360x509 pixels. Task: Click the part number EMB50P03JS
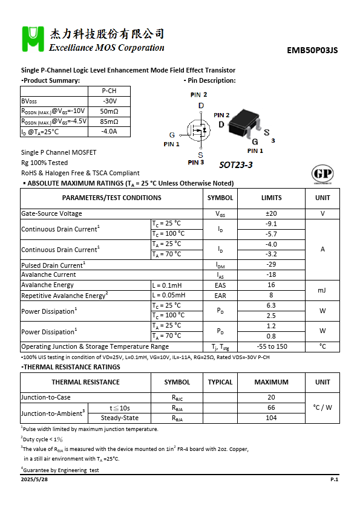(x=312, y=51)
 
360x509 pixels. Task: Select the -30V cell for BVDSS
(x=109, y=101)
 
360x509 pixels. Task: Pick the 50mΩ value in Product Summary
(x=109, y=111)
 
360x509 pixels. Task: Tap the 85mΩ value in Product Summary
(x=109, y=122)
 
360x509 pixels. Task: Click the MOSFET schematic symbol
(x=197, y=129)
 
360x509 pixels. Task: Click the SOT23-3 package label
(x=235, y=164)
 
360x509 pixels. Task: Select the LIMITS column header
(x=271, y=198)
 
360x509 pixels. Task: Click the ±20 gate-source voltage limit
(x=271, y=213)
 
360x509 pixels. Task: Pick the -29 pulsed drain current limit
(x=271, y=265)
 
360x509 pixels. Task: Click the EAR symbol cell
(x=220, y=296)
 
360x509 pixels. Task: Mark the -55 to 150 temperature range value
(x=271, y=347)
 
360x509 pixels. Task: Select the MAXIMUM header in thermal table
(x=271, y=382)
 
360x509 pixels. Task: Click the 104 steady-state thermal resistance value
(x=271, y=418)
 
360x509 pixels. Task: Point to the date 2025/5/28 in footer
(x=34, y=479)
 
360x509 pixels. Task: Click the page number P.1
(x=334, y=479)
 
